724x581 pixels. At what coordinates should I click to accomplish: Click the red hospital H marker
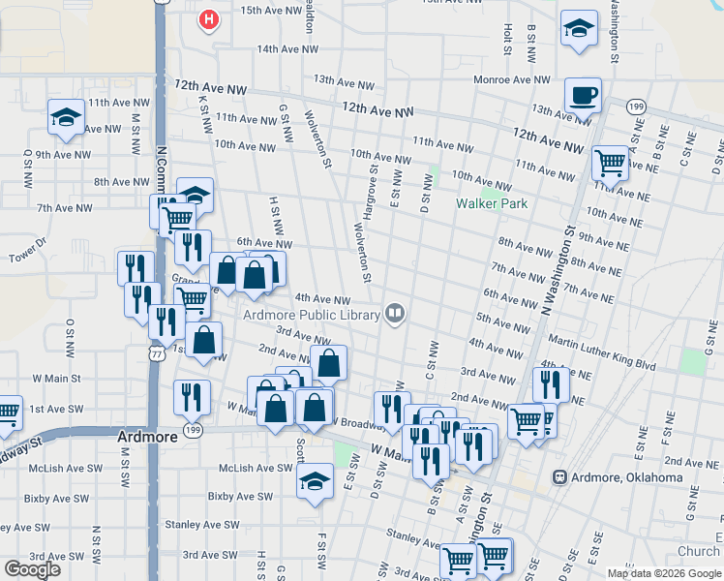pos(207,19)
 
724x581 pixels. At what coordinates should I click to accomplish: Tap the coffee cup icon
pos(583,95)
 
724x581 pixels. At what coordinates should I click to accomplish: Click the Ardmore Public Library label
pos(310,313)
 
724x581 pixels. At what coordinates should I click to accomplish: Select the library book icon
pos(395,312)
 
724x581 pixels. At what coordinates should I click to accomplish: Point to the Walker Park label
pos(493,203)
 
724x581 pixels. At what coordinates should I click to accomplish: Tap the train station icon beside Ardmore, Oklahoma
pos(559,477)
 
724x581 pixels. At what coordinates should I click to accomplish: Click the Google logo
pos(32,568)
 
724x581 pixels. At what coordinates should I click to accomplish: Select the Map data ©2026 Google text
pos(664,573)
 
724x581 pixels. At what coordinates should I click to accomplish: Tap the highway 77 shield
pos(156,353)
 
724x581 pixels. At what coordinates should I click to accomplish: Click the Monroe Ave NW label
pos(511,79)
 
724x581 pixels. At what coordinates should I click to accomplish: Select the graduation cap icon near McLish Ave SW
pos(315,481)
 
